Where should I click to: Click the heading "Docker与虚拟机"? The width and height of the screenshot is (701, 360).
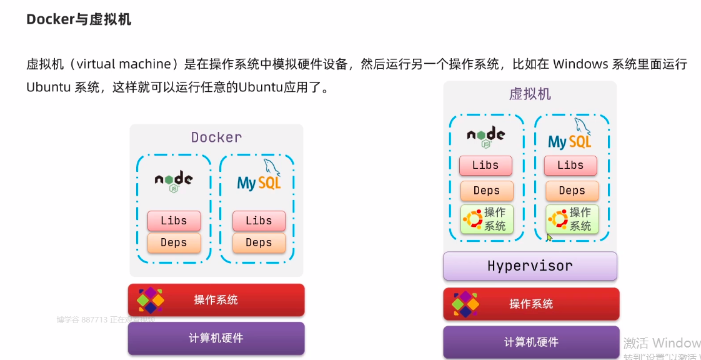pos(79,19)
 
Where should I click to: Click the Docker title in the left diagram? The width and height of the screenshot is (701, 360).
pos(216,137)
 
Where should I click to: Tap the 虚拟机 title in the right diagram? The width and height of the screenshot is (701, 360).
pos(530,94)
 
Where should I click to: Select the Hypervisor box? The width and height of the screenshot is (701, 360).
pos(530,266)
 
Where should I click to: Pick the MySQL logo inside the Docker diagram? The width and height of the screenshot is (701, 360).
pos(259,177)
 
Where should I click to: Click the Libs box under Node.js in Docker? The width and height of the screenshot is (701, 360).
pos(174,221)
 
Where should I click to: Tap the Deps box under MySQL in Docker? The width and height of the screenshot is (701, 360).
pos(259,242)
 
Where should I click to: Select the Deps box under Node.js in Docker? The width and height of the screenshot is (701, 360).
pos(174,242)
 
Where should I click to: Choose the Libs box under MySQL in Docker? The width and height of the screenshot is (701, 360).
pos(259,221)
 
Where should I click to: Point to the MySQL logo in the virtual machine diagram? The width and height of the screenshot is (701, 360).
pos(570,136)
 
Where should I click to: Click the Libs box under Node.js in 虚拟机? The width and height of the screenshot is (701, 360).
pos(485,166)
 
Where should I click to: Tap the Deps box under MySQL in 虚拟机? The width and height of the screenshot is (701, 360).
pos(572,191)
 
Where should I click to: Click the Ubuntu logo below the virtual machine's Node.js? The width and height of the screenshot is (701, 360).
pos(472,219)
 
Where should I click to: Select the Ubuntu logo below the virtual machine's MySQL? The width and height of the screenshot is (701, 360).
pos(557,219)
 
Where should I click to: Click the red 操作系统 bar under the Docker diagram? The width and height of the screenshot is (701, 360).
pos(216,300)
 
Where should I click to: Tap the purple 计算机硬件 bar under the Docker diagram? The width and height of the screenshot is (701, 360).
pos(216,338)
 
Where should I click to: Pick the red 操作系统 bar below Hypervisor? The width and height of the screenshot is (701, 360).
pos(531,304)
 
